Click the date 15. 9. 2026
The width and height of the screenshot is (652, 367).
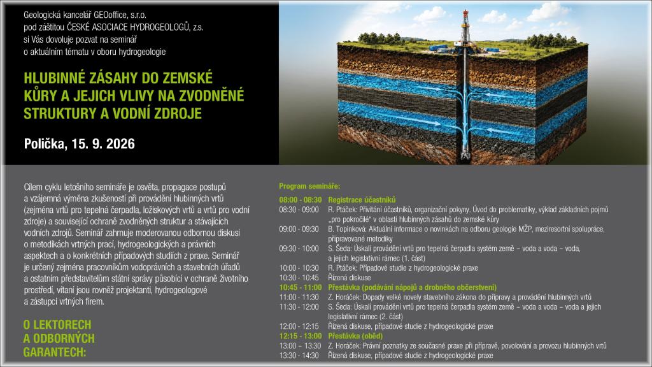tap(103, 144)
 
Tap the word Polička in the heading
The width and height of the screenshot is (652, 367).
tap(45, 144)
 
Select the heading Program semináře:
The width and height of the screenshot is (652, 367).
tap(309, 186)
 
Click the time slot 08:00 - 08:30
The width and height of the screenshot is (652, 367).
tap(301, 199)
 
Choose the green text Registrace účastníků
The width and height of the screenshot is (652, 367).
tap(362, 199)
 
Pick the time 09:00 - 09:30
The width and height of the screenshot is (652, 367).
tap(299, 229)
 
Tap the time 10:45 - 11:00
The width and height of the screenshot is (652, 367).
tap(301, 287)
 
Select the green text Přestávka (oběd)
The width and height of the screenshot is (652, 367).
tap(355, 336)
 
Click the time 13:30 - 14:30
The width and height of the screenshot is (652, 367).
tap(299, 356)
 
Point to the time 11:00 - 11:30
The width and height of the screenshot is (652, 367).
tap(299, 298)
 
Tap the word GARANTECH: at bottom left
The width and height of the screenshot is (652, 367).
tap(55, 352)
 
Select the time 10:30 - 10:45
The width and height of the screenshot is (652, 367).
tap(299, 278)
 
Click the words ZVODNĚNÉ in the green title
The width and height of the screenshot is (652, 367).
tap(211, 96)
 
